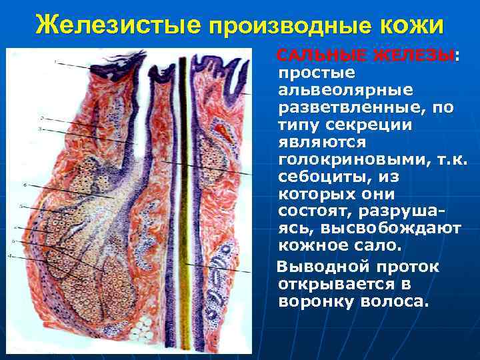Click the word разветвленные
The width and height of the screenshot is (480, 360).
point(354,106)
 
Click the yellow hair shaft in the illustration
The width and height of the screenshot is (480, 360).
point(188,200)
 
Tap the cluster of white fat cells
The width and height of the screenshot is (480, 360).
point(143,327)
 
